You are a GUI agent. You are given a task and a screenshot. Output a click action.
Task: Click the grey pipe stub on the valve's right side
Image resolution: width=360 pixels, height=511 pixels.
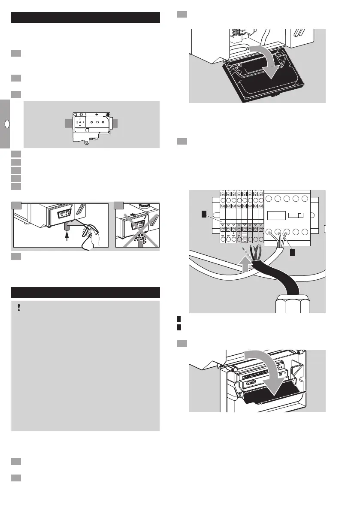[118, 123]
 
